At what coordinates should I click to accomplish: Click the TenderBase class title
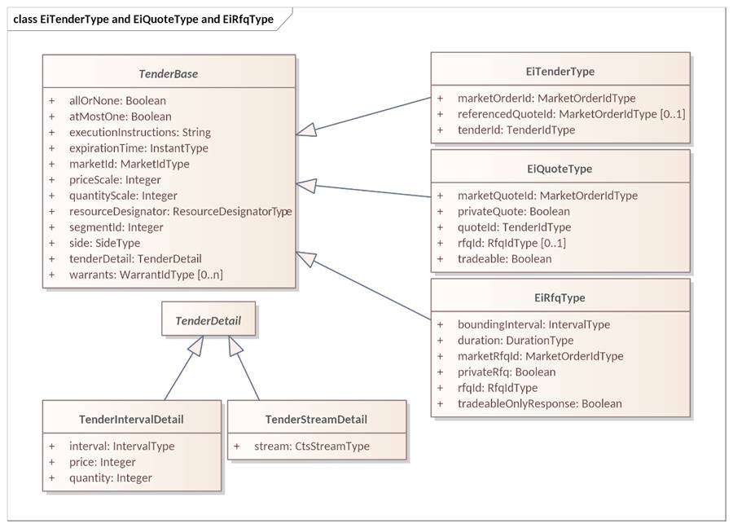point(168,74)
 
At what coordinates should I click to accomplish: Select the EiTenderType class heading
point(560,72)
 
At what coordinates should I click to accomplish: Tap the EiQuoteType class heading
point(560,169)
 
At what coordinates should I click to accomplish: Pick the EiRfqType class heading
point(560,297)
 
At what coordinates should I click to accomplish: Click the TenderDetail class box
point(208,320)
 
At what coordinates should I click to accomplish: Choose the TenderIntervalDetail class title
point(131,420)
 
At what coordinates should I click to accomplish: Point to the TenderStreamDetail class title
point(316,420)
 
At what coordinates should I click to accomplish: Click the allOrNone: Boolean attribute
point(117,101)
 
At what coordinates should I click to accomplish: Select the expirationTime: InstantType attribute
point(138,148)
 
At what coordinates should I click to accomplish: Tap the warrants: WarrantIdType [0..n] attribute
point(146,275)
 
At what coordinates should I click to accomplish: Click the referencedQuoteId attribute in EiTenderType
point(571,114)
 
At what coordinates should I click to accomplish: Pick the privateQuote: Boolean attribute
point(513,212)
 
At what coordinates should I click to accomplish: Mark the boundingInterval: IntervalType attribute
point(533,324)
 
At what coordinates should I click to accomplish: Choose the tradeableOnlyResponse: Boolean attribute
point(539,403)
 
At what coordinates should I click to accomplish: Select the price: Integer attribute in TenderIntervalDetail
point(102,462)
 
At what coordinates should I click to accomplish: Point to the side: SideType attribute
point(104,243)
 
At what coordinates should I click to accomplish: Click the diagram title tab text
point(143,19)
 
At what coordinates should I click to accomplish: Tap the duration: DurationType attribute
point(515,341)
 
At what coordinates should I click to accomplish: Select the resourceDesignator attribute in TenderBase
point(180,212)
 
